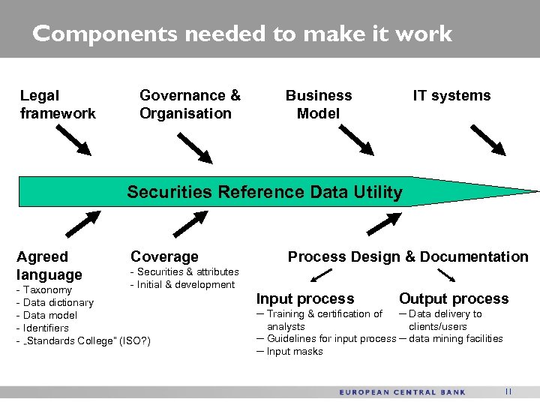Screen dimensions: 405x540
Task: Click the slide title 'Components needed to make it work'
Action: click(x=242, y=34)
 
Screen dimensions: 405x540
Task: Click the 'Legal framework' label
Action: click(x=58, y=104)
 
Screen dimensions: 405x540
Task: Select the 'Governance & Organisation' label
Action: click(x=190, y=104)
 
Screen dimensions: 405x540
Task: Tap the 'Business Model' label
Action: click(x=318, y=104)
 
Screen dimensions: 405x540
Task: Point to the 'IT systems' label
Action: click(x=451, y=95)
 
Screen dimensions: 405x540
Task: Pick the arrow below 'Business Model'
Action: click(x=357, y=139)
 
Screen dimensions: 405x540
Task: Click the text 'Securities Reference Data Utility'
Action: click(x=265, y=192)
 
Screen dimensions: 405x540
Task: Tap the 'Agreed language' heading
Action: click(x=49, y=265)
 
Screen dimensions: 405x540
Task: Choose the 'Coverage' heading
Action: click(x=164, y=256)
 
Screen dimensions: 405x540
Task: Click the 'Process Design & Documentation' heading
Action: click(x=408, y=256)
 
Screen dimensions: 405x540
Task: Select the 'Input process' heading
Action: click(x=305, y=298)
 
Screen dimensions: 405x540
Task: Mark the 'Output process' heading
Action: click(x=454, y=298)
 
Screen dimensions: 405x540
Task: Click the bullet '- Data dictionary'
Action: click(x=55, y=302)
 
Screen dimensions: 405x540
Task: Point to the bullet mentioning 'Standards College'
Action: click(x=83, y=341)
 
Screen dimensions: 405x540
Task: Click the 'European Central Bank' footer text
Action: click(x=402, y=392)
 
